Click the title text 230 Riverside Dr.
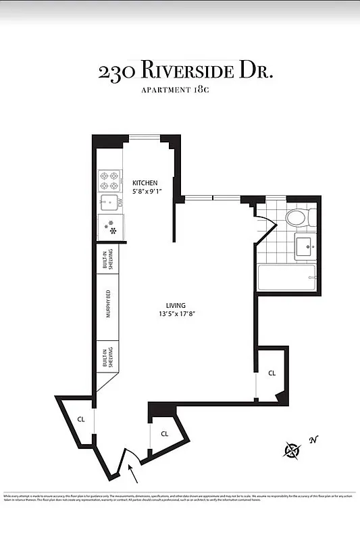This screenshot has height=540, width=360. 185,72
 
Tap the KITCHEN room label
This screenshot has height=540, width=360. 145,183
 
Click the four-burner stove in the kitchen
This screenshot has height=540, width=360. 109,180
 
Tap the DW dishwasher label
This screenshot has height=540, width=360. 121,202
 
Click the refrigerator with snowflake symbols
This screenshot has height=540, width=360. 111,227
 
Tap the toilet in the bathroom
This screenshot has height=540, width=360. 298,218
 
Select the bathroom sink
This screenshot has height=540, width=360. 304,248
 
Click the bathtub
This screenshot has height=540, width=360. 286,277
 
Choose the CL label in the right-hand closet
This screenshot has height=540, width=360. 272,373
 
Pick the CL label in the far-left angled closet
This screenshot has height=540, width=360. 80,419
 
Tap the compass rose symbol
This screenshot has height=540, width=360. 292,450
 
